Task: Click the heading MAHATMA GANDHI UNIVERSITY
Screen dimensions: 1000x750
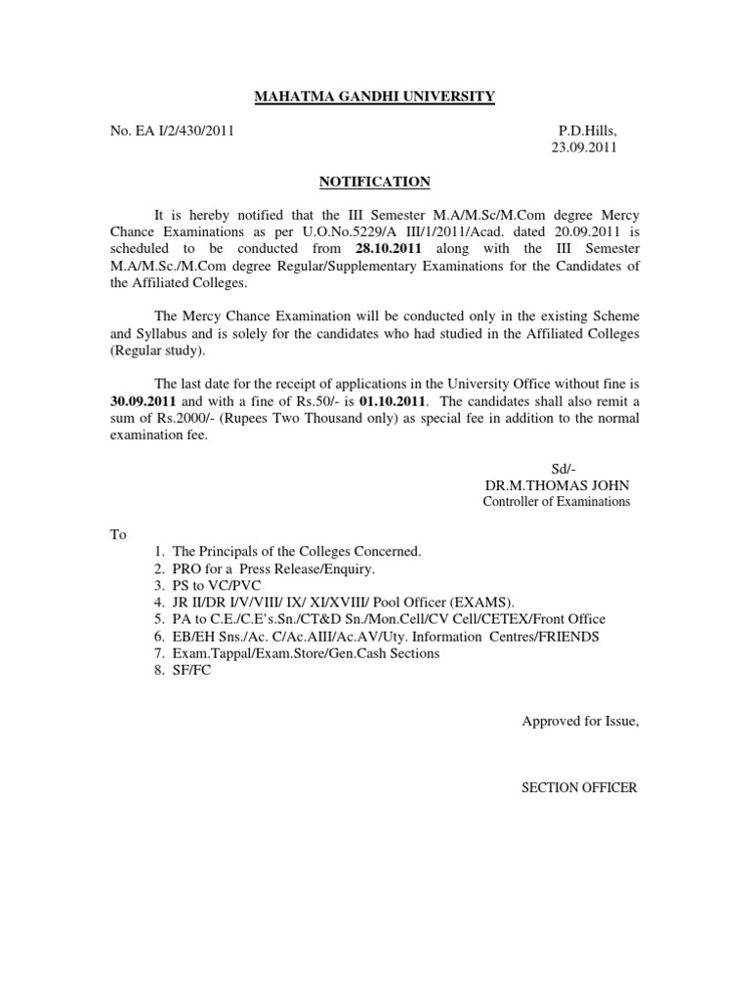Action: coord(374,96)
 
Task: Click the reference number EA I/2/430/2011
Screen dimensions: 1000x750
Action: coord(185,129)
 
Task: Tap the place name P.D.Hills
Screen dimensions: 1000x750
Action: coord(588,129)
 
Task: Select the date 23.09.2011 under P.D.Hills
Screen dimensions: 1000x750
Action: coord(585,147)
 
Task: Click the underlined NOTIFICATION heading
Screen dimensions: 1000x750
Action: coord(374,181)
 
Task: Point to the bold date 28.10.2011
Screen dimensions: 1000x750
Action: coord(395,249)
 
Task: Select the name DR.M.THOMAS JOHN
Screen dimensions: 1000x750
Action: coord(557,485)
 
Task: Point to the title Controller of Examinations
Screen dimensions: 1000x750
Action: coord(557,502)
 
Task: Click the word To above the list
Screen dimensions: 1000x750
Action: coord(118,534)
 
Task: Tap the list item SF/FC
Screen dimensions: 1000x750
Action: coord(191,670)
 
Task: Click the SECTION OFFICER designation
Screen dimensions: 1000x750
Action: coord(579,787)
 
